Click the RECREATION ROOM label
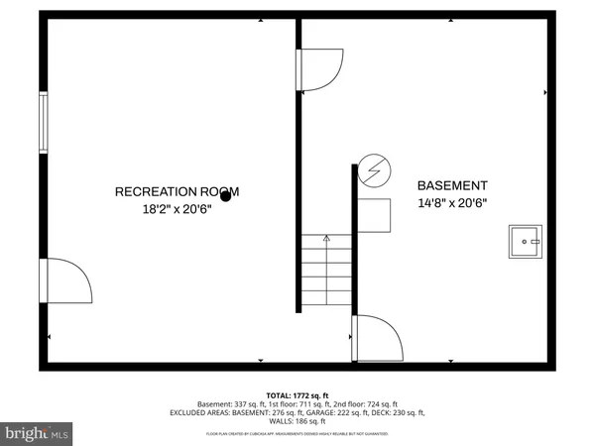(x=177, y=191)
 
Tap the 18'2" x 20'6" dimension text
(x=177, y=209)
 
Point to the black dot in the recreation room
(x=226, y=196)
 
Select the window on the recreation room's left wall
(x=43, y=124)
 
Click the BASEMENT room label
(x=451, y=185)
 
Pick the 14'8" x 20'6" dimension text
(x=451, y=203)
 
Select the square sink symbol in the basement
(x=526, y=241)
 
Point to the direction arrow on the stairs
(x=326, y=239)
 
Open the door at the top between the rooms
(x=318, y=70)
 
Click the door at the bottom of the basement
(x=379, y=340)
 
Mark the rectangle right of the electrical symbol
(x=375, y=213)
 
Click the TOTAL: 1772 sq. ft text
(x=297, y=394)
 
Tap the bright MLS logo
(x=38, y=433)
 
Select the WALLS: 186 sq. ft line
(x=297, y=421)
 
